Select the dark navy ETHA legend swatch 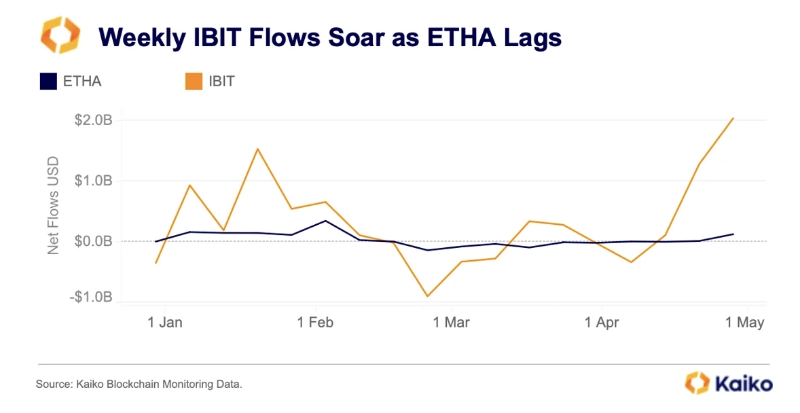(x=48, y=82)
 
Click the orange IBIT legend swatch (x=194, y=82)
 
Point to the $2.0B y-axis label (x=93, y=120)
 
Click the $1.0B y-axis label (x=93, y=180)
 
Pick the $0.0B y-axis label (x=93, y=240)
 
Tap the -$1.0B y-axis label (x=91, y=297)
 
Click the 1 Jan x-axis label (x=165, y=322)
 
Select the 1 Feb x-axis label (x=315, y=322)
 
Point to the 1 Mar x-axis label (x=452, y=322)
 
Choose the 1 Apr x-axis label (x=602, y=322)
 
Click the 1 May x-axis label (x=745, y=322)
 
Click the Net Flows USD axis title (x=53, y=205)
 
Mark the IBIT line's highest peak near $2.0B (x=733, y=118)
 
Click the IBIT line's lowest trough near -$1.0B (x=427, y=296)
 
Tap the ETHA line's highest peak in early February (x=325, y=221)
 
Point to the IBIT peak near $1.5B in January (x=257, y=149)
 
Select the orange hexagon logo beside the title (x=60, y=35)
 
